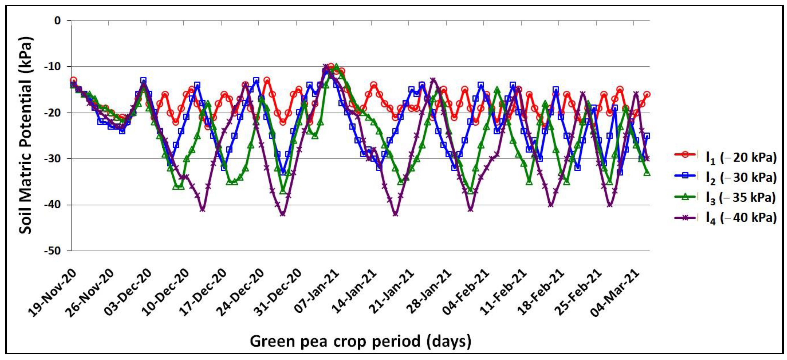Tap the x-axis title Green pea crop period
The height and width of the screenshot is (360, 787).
tap(360, 341)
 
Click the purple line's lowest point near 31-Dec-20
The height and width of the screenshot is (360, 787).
tap(283, 214)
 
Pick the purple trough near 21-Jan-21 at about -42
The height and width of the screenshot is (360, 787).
tap(395, 214)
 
